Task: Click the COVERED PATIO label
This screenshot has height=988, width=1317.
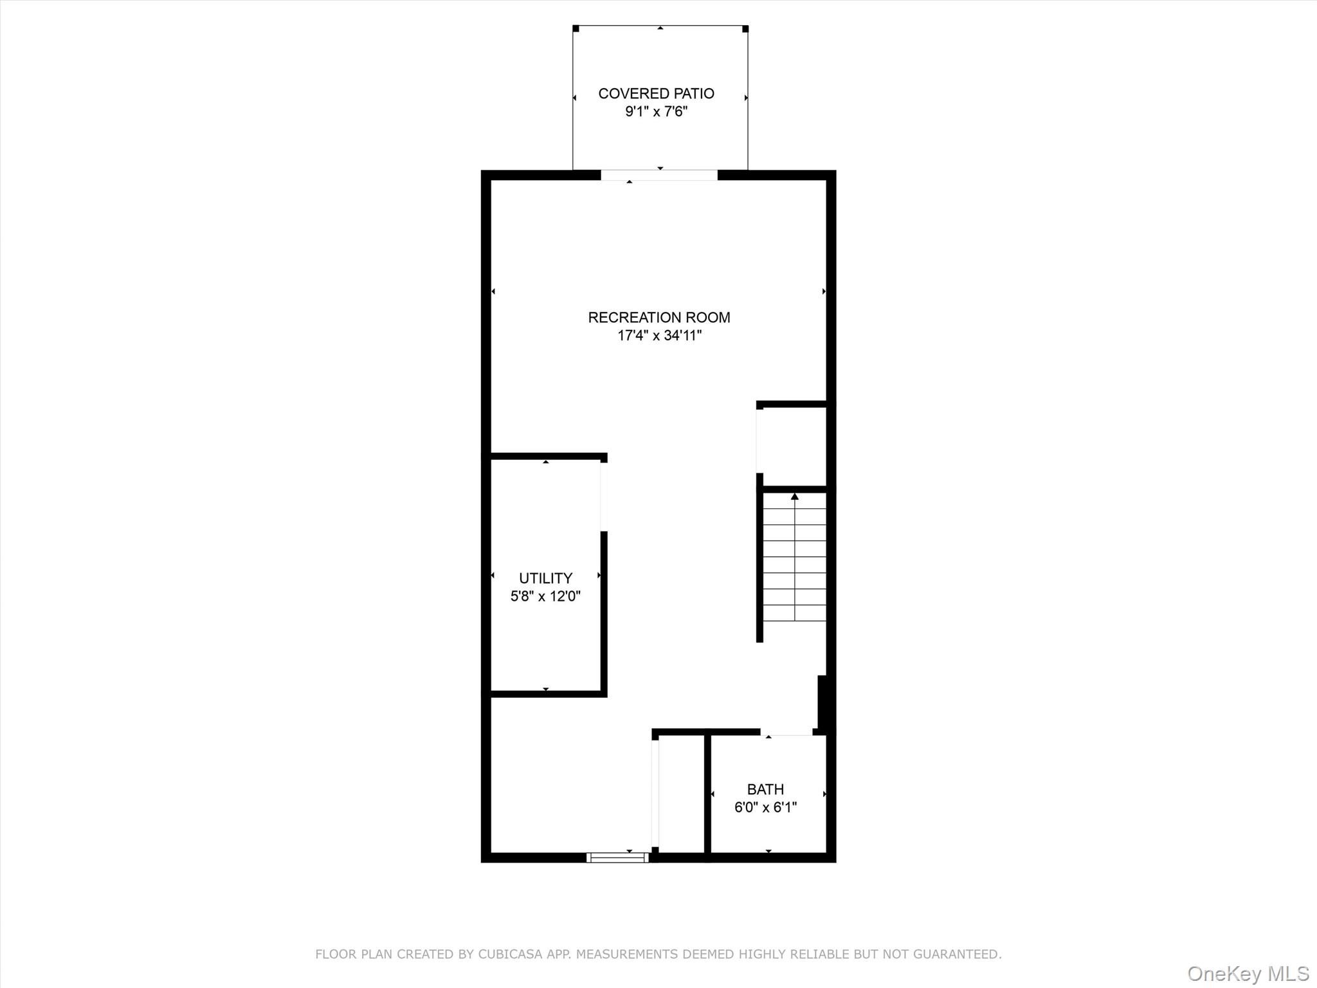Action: [x=656, y=94]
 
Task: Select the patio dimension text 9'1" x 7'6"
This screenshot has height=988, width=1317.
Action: [x=656, y=112]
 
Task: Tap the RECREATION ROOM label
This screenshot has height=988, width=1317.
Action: [x=659, y=317]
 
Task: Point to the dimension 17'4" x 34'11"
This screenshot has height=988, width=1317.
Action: [x=659, y=335]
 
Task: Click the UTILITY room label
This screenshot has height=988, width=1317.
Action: [x=545, y=578]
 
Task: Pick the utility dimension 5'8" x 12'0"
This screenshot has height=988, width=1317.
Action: [x=545, y=596]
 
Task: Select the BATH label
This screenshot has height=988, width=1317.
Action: [x=765, y=789]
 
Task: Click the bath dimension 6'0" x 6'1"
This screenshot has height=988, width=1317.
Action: [x=765, y=807]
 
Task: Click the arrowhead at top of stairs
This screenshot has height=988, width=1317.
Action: [x=795, y=496]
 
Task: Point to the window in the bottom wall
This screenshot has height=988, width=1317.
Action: [x=617, y=857]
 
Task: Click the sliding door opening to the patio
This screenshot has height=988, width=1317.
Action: [x=659, y=175]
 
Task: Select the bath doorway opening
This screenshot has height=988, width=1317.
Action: [x=786, y=732]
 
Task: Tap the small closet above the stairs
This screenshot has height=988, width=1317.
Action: [x=792, y=446]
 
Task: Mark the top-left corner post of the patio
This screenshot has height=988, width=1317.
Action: [x=576, y=28]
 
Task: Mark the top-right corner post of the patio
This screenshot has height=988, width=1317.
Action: [x=745, y=28]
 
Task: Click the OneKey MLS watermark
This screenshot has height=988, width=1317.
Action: [x=1248, y=973]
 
